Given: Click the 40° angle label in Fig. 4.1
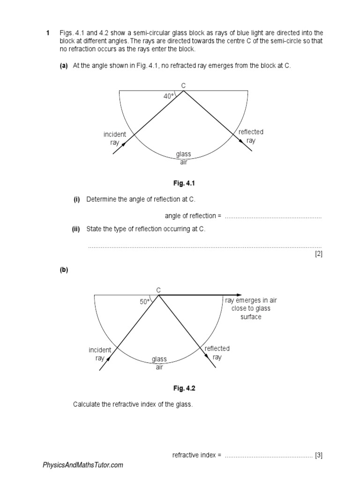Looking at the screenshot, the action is tap(168, 96).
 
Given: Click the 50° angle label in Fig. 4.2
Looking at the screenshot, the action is tap(144, 302).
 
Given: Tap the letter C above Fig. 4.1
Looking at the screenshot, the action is tap(183, 85).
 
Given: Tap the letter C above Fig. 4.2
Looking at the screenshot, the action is tap(158, 290).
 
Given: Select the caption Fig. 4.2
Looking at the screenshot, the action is tap(183, 388).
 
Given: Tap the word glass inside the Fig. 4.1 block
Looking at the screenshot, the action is tap(183, 154).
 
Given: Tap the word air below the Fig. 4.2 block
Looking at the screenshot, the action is tap(159, 367).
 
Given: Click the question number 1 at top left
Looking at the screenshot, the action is tap(47, 33).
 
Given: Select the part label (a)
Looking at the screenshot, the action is tap(64, 66).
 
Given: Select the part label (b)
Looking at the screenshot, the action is tap(64, 270).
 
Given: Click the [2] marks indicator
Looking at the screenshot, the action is tap(319, 254).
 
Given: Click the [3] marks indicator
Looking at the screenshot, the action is tap(319, 455).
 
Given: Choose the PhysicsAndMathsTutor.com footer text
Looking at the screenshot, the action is tap(83, 465).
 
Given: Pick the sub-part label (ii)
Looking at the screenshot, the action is tap(76, 229).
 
